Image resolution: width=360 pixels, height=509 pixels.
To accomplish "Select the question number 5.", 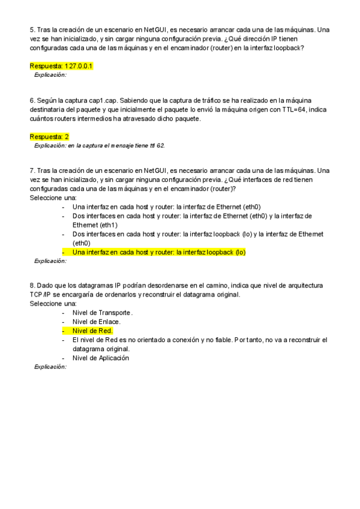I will pos(32,29).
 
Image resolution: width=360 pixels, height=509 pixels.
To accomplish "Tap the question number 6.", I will pos(32,100).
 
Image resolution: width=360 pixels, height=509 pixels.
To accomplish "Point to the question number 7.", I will pos(32,171).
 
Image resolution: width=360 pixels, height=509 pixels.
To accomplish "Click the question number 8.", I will pos(32,285).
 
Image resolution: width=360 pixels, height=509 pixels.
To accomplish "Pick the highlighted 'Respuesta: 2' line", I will pos(49,137).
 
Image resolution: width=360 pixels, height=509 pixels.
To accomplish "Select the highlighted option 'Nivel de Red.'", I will pos(92,331).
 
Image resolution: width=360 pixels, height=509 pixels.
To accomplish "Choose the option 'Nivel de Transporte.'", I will pos(102,313).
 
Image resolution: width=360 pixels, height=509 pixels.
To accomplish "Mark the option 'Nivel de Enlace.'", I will pos(96,322).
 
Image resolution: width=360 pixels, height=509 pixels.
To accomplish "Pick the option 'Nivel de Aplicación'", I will pos(101,358).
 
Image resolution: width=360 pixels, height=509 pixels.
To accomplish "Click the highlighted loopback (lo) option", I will pos(158,253).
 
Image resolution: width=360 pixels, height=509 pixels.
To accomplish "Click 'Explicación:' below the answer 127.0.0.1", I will pos(50,75).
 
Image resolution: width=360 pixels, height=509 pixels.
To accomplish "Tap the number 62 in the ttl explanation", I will pos(160,146).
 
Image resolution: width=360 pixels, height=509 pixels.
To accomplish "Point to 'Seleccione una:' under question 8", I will pos(53,304).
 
